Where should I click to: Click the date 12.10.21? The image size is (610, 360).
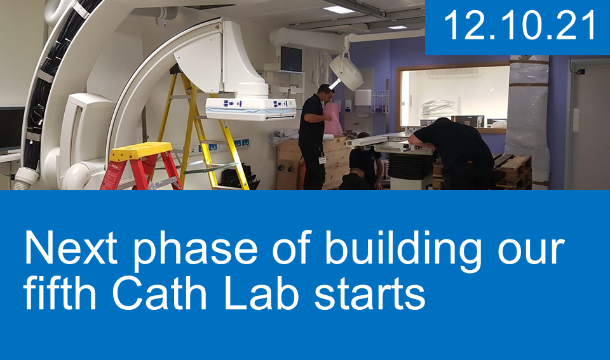[519, 25]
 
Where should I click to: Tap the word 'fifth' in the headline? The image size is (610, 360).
[60, 291]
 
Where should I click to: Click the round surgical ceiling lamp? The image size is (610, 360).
[346, 72]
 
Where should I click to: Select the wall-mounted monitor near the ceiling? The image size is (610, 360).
[291, 59]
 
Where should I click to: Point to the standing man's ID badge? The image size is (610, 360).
[322, 160]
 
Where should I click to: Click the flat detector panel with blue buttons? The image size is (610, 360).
[251, 109]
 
